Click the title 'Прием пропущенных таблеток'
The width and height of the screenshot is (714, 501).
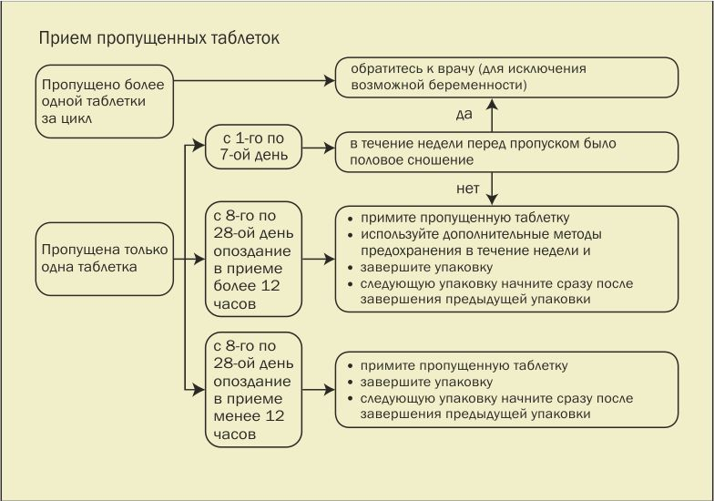point(158,39)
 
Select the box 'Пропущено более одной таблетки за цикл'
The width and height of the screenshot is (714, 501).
point(105,101)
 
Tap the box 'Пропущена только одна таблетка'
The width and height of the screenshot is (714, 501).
point(105,258)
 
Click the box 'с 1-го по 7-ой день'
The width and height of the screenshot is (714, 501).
point(253,146)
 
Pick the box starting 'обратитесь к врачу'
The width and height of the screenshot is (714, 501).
point(507,77)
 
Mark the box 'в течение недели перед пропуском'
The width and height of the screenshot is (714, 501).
point(507,151)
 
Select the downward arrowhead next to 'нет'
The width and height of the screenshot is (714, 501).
point(492,199)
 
